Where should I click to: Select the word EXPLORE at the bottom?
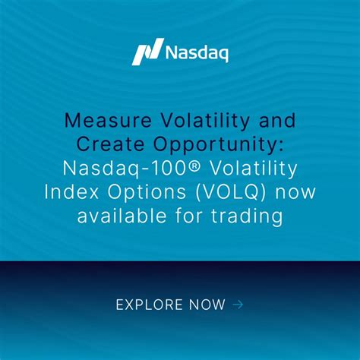pyautogui.click(x=150, y=305)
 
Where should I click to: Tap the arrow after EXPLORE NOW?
pyautogui.click(x=238, y=305)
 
